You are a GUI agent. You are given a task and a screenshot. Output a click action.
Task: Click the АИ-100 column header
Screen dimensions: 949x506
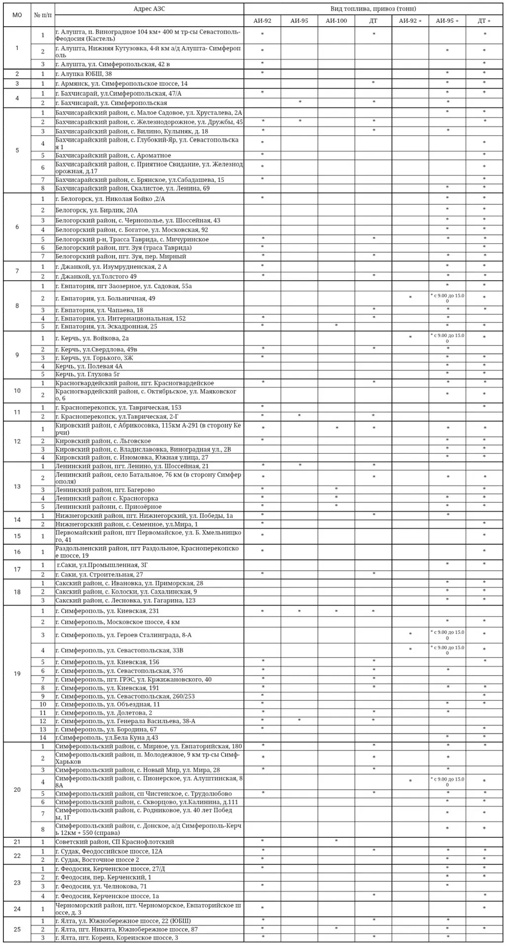click(336, 21)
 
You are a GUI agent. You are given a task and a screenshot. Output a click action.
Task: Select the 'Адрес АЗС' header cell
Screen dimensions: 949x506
click(149, 9)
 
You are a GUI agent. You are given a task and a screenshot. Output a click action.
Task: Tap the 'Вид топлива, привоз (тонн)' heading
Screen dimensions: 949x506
click(373, 9)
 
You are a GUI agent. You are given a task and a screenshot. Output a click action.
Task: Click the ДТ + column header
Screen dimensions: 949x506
click(484, 21)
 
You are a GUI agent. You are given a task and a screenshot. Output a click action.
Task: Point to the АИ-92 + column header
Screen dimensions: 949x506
click(410, 21)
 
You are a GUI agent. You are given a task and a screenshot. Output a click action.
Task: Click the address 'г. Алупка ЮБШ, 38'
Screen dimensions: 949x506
click(84, 74)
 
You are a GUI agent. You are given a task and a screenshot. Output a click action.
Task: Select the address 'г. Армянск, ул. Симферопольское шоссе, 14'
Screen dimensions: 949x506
click(121, 84)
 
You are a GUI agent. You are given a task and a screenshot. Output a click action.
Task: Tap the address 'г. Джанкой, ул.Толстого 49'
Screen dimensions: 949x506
click(96, 276)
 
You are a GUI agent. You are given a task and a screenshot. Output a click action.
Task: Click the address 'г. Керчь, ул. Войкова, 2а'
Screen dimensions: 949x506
click(92, 339)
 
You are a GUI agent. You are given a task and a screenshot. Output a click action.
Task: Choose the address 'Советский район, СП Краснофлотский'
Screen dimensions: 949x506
click(115, 842)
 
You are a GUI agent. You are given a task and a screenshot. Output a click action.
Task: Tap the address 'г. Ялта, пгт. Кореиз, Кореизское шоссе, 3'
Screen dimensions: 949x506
click(117, 938)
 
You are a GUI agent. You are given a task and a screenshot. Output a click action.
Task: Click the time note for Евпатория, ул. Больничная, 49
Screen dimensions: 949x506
click(447, 299)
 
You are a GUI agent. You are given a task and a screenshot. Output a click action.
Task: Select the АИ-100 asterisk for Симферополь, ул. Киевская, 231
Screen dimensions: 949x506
click(336, 611)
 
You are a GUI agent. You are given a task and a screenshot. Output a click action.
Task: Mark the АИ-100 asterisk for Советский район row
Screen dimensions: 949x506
click(336, 841)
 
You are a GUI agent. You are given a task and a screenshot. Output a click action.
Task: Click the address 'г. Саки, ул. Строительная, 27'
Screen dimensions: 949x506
click(99, 574)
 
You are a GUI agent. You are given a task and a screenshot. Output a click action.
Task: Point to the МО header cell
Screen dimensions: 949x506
click(17, 15)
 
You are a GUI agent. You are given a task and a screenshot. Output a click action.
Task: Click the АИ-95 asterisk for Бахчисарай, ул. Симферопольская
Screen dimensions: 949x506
click(300, 102)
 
